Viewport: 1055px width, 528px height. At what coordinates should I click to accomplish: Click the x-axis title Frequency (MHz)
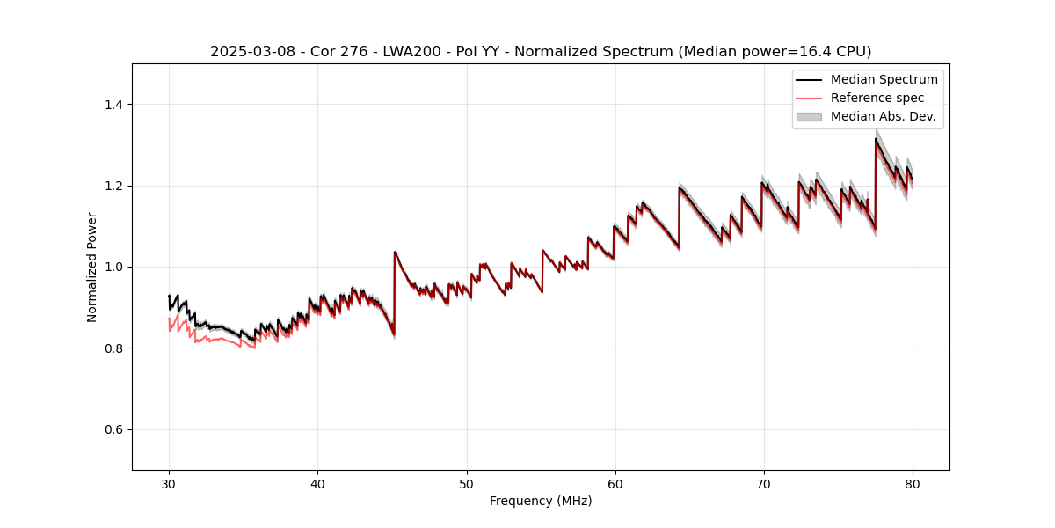[x=541, y=501]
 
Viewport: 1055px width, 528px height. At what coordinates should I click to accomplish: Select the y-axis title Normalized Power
[x=92, y=267]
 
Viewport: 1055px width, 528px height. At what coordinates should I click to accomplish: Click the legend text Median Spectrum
[x=884, y=79]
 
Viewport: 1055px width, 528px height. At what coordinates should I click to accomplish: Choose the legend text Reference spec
[x=877, y=98]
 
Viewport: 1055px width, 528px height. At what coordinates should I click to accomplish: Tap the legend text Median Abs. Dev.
[x=883, y=116]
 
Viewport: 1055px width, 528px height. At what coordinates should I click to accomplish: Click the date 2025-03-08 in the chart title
[x=248, y=52]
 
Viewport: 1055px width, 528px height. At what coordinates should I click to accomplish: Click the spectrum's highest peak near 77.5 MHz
[x=876, y=139]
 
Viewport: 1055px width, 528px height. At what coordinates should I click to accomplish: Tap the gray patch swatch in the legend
[x=809, y=116]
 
